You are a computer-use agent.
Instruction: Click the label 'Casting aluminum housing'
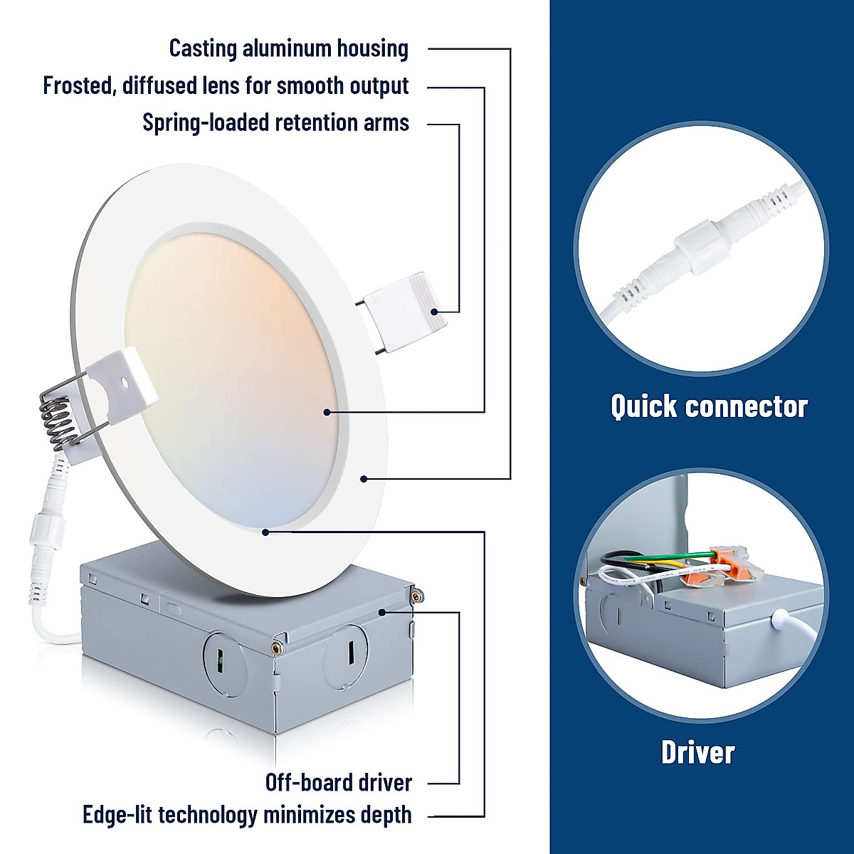point(288,48)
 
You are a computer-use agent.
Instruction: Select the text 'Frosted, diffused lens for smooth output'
point(226,85)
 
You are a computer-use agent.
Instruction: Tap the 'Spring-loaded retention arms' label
point(275,122)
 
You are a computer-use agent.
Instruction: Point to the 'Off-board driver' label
point(338,783)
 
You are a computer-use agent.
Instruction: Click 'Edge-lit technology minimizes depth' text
point(247,815)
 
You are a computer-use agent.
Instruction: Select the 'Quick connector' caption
point(709,406)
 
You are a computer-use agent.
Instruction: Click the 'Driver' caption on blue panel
point(697,752)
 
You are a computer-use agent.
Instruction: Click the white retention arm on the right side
point(402,312)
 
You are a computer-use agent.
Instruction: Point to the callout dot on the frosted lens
point(327,411)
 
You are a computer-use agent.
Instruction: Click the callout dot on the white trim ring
point(363,479)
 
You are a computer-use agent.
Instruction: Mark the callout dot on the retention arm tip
point(434,311)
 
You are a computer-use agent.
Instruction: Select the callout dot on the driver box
point(382,611)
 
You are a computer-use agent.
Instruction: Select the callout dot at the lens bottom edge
point(265,531)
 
